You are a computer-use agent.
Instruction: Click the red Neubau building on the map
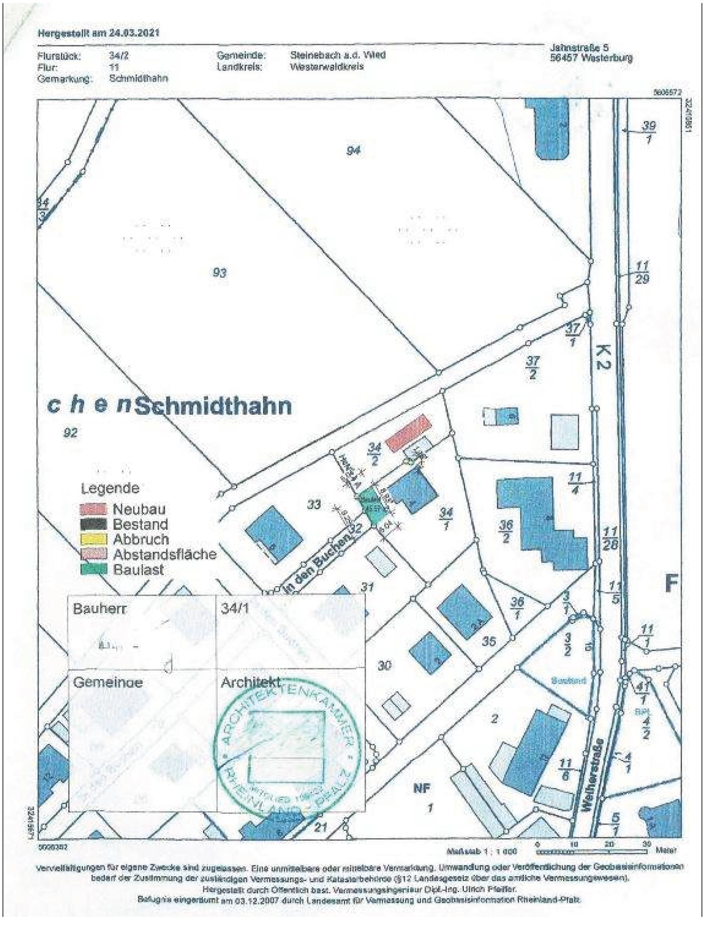click(x=408, y=434)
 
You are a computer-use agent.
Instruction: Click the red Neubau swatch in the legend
click(x=93, y=509)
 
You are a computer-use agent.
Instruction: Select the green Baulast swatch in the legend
click(x=93, y=569)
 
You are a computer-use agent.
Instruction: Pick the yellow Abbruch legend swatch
click(x=93, y=539)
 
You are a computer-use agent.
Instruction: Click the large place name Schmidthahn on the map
click(x=214, y=406)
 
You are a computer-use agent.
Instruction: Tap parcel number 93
click(x=220, y=273)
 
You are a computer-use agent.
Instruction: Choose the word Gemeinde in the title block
click(x=108, y=682)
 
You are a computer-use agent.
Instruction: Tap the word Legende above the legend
click(x=110, y=488)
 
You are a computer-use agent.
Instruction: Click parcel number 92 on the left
click(x=70, y=433)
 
